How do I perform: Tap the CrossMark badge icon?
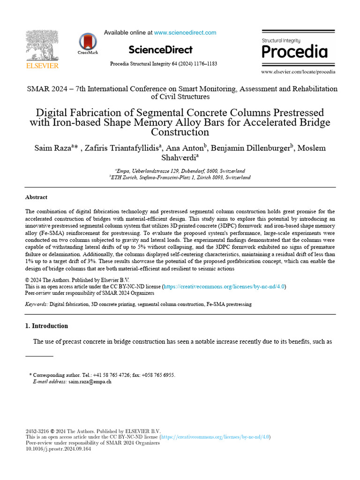pos(88,43)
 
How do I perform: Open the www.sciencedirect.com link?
pos(185,33)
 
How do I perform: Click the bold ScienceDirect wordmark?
pos(160,50)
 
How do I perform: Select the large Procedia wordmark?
pos(294,51)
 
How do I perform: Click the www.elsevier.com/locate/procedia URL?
pos(298,72)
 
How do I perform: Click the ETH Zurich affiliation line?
pos(180,178)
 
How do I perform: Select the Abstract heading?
pos(36,197)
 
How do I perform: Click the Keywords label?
pos(36,304)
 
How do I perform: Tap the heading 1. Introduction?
pos(46,326)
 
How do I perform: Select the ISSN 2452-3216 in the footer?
pos(37,431)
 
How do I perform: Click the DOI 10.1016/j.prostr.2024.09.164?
pos(58,449)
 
